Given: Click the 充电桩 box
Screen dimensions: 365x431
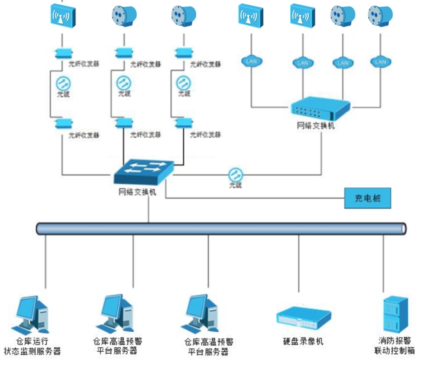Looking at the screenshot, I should tap(367, 198).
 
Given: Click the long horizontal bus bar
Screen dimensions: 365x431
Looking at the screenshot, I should tap(221, 228).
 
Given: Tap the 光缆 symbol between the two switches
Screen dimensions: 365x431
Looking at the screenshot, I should tap(236, 174).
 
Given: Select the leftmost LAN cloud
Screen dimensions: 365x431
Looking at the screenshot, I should tap(251, 61).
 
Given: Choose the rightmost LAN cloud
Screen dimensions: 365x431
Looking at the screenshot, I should tap(381, 61).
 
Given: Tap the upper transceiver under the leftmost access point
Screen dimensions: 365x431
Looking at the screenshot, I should tap(64, 53).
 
